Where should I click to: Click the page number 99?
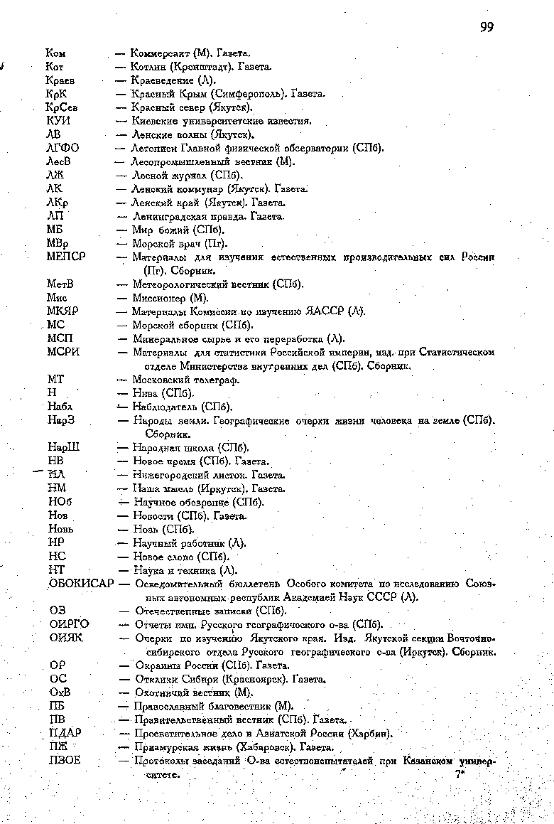pyautogui.click(x=487, y=27)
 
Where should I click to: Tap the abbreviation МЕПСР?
pyautogui.click(x=66, y=257)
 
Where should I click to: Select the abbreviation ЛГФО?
pyautogui.click(x=63, y=148)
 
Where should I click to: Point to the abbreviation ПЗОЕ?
pyautogui.click(x=65, y=761)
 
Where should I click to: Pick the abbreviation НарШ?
pyautogui.click(x=64, y=448)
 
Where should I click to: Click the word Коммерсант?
pyautogui.click(x=161, y=53)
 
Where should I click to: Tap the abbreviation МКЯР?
pyautogui.click(x=63, y=311)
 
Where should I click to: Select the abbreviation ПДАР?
pyautogui.click(x=65, y=733)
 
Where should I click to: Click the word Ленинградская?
pyautogui.click(x=168, y=216)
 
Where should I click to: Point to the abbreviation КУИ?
pyautogui.click(x=58, y=121)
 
